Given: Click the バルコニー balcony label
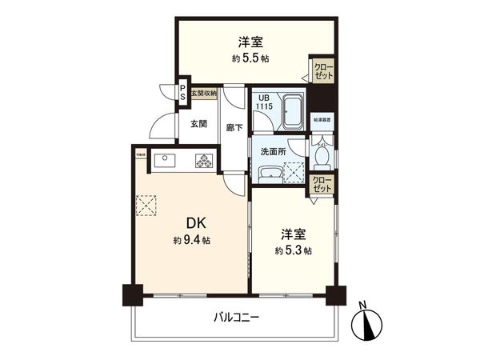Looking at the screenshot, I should coord(236,317).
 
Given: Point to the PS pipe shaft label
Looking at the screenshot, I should coord(183,93).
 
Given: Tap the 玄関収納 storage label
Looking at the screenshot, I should coord(205,94).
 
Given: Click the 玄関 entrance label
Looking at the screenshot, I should coord(200,123).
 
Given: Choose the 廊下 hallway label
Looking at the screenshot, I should coord(234,126).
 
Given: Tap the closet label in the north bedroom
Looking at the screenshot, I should coord(323,70).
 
